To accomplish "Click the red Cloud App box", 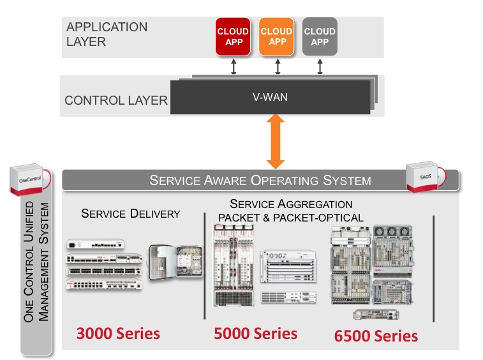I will tap(234, 36).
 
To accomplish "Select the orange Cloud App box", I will tap(278, 36).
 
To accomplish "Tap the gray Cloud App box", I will tap(320, 36).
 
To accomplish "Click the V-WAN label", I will tap(271, 97).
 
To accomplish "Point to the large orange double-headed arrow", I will tap(276, 141).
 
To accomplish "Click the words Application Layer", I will tap(107, 34).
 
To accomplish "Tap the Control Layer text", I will tap(115, 101).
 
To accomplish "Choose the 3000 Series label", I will tap(118, 333).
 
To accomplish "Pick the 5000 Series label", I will tap(256, 333).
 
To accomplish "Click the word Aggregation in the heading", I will tap(318, 204).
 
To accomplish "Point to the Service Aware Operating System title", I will tap(260, 180).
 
